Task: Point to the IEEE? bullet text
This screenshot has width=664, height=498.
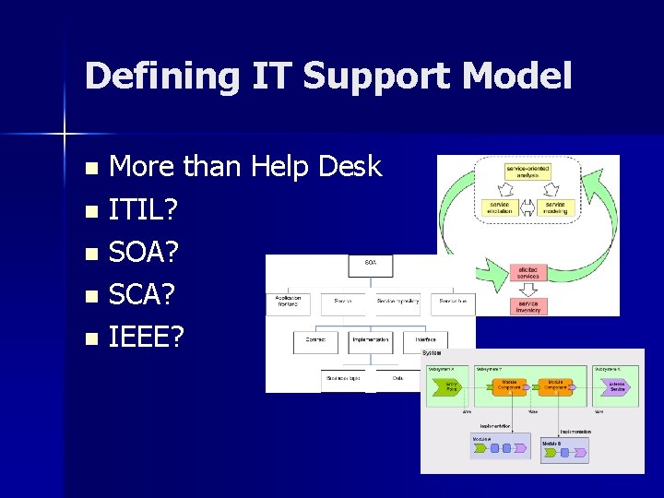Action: pos(146,338)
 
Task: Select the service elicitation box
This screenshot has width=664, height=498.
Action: pos(499,207)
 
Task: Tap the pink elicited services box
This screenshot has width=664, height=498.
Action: pos(528,272)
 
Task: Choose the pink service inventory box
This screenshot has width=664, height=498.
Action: pos(528,306)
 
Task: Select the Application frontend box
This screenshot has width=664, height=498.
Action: pos(288,302)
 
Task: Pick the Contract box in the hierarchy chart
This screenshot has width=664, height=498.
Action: pos(315,339)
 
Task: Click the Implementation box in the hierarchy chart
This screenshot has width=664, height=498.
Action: pos(370,339)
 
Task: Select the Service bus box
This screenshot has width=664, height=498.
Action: pos(452,301)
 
